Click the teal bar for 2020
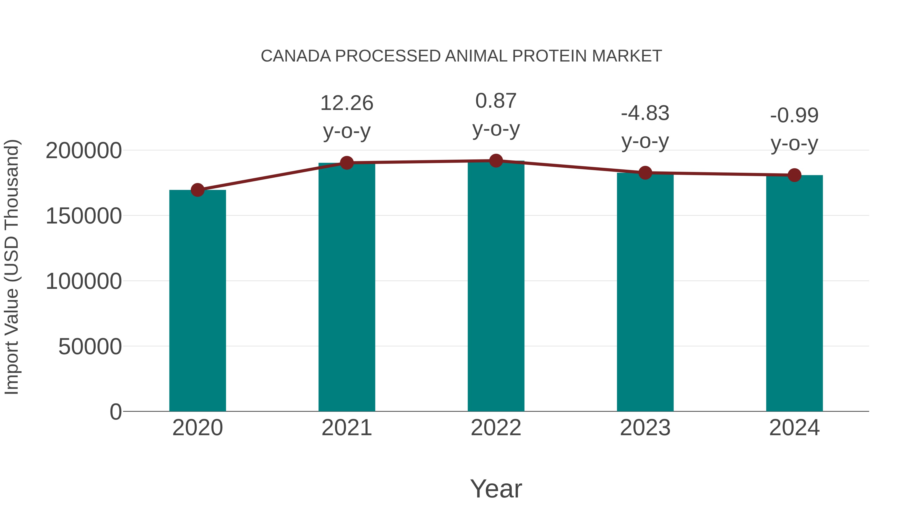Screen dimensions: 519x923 tap(197, 301)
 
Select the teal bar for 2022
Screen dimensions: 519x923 tap(496, 287)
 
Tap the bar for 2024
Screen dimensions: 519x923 tap(794, 294)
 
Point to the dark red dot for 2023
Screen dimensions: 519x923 tap(645, 173)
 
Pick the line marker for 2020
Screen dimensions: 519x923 tap(197, 190)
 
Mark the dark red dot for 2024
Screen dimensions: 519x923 tap(794, 175)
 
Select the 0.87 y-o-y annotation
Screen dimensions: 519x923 tap(496, 101)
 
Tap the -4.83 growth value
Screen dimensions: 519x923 tap(645, 113)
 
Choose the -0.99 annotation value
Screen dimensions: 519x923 tap(794, 115)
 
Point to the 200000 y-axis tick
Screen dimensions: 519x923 tap(84, 150)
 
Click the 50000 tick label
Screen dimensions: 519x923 tap(90, 347)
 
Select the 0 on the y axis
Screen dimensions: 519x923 tap(116, 412)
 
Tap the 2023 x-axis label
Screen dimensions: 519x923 tap(645, 428)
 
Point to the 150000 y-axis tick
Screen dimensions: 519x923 tap(84, 216)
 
